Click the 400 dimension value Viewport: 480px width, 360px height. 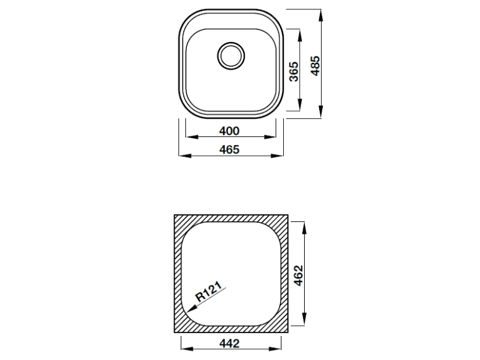click(x=230, y=131)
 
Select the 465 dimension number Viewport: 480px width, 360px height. click(x=230, y=150)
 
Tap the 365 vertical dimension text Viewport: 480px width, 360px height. click(x=293, y=71)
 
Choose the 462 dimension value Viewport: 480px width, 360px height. click(x=300, y=275)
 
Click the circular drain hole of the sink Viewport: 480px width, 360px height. click(x=230, y=55)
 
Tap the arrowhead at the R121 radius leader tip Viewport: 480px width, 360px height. click(x=190, y=310)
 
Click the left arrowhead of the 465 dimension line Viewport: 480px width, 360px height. click(x=182, y=156)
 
